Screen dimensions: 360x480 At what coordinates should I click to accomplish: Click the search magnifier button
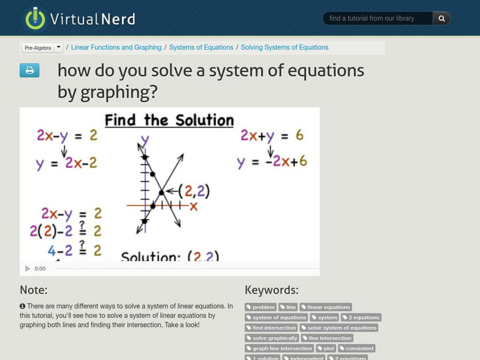pos(442,19)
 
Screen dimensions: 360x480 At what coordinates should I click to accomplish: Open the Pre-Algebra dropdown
pos(42,47)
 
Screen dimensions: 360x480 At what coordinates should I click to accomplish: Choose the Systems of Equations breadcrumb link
pos(201,47)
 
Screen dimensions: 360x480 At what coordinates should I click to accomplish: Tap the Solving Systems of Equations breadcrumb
pos(284,47)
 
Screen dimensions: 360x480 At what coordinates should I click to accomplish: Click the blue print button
pos(29,71)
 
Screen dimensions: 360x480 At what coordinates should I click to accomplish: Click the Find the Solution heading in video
pos(169,120)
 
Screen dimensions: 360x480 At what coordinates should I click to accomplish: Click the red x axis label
pos(193,206)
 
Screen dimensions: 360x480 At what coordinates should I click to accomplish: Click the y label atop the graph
pos(145,142)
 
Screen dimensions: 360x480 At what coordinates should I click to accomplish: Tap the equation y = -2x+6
pos(271,161)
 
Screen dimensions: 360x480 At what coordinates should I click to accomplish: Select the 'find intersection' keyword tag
pos(271,328)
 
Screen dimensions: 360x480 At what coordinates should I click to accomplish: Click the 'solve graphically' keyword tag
pos(272,338)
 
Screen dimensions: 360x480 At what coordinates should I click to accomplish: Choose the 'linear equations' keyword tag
pos(326,307)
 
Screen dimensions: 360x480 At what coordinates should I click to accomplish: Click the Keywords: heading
pos(271,290)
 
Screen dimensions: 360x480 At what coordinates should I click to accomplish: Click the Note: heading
pos(34,290)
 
